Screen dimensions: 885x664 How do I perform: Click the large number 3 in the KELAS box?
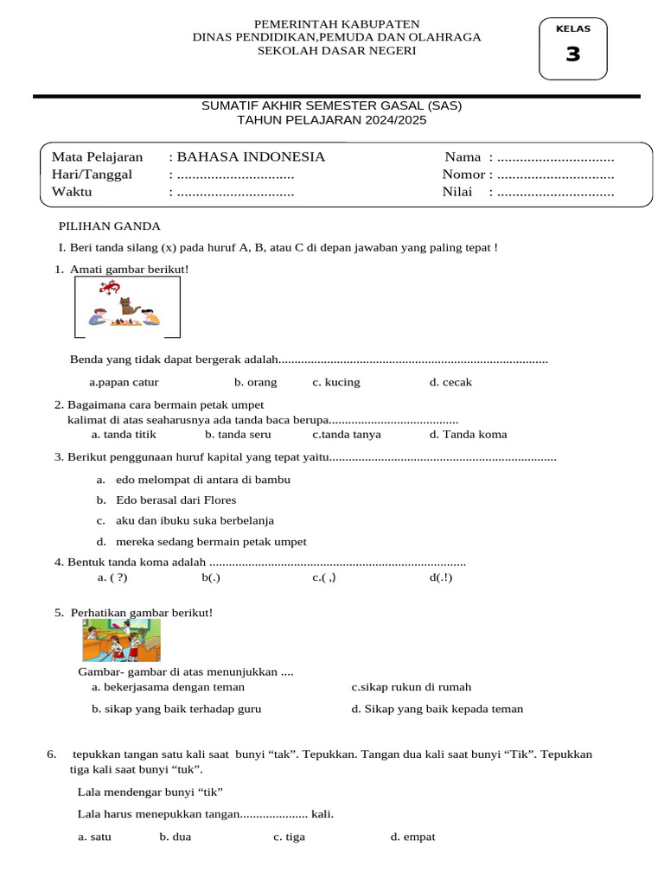click(573, 54)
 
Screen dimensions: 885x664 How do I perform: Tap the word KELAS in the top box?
click(573, 29)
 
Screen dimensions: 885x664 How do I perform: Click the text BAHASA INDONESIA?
click(250, 156)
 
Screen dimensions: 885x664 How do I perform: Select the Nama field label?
click(463, 156)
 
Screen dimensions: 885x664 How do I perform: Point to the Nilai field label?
click(457, 192)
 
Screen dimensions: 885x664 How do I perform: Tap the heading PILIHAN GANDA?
click(109, 226)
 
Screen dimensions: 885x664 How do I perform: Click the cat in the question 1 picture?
click(130, 306)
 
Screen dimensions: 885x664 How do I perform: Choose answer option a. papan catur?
click(124, 382)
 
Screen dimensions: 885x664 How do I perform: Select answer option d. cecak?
click(450, 382)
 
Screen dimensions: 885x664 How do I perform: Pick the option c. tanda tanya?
click(346, 435)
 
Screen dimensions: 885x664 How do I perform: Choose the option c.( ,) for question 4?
click(323, 577)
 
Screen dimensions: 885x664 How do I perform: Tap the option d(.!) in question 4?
click(440, 577)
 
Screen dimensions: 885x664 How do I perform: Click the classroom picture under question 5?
click(121, 640)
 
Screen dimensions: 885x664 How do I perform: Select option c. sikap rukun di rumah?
click(411, 687)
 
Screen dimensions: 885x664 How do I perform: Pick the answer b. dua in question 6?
click(175, 837)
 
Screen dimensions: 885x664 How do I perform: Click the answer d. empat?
click(412, 837)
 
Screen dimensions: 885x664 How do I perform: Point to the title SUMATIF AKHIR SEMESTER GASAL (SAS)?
click(332, 105)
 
